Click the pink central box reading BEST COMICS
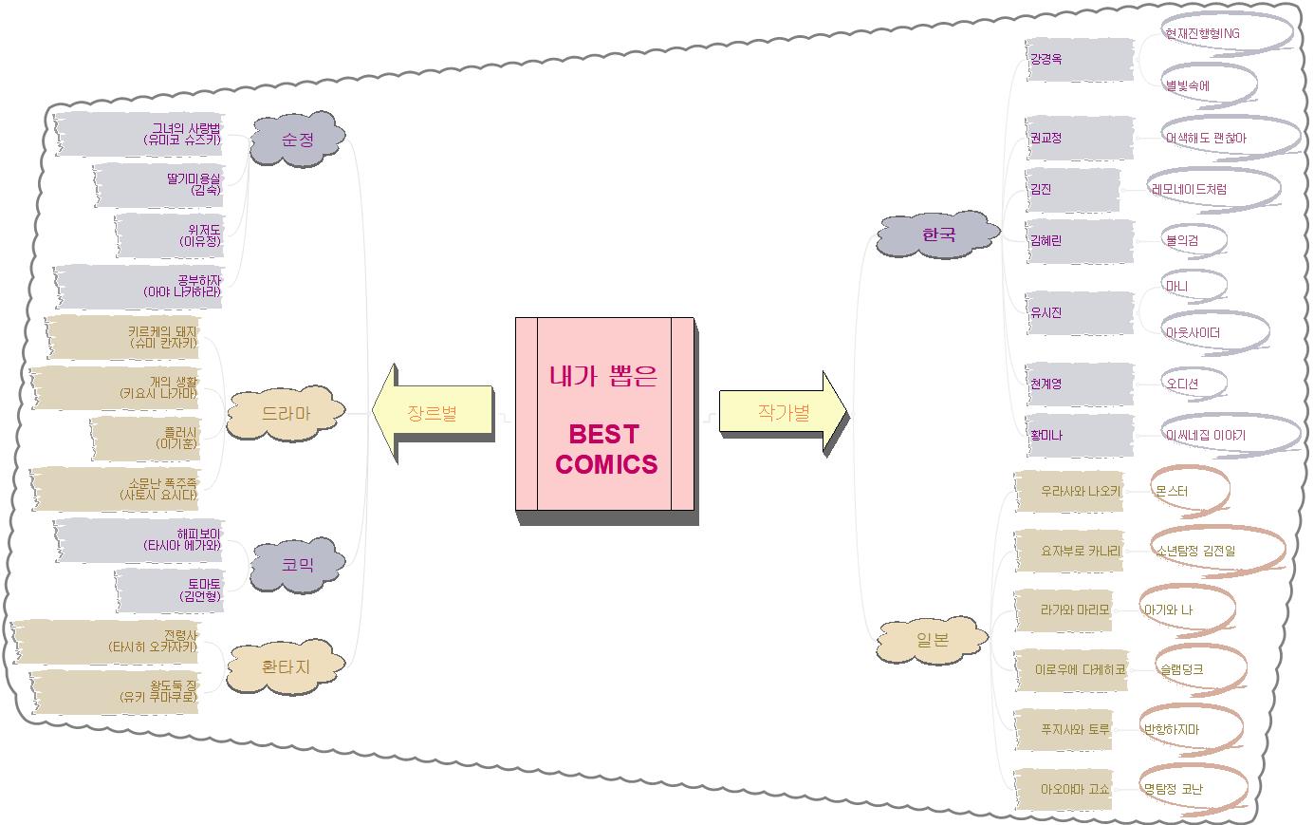(x=605, y=415)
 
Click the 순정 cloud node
(x=297, y=140)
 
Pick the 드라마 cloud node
(x=285, y=414)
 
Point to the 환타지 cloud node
(x=285, y=666)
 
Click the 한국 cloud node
(x=937, y=234)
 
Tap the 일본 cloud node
(x=933, y=640)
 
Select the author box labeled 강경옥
(x=1079, y=59)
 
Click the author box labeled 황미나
(x=1079, y=435)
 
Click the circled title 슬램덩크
(x=1182, y=669)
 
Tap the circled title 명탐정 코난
(x=1175, y=789)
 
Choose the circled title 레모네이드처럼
(x=1190, y=189)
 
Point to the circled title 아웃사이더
(x=1194, y=333)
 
